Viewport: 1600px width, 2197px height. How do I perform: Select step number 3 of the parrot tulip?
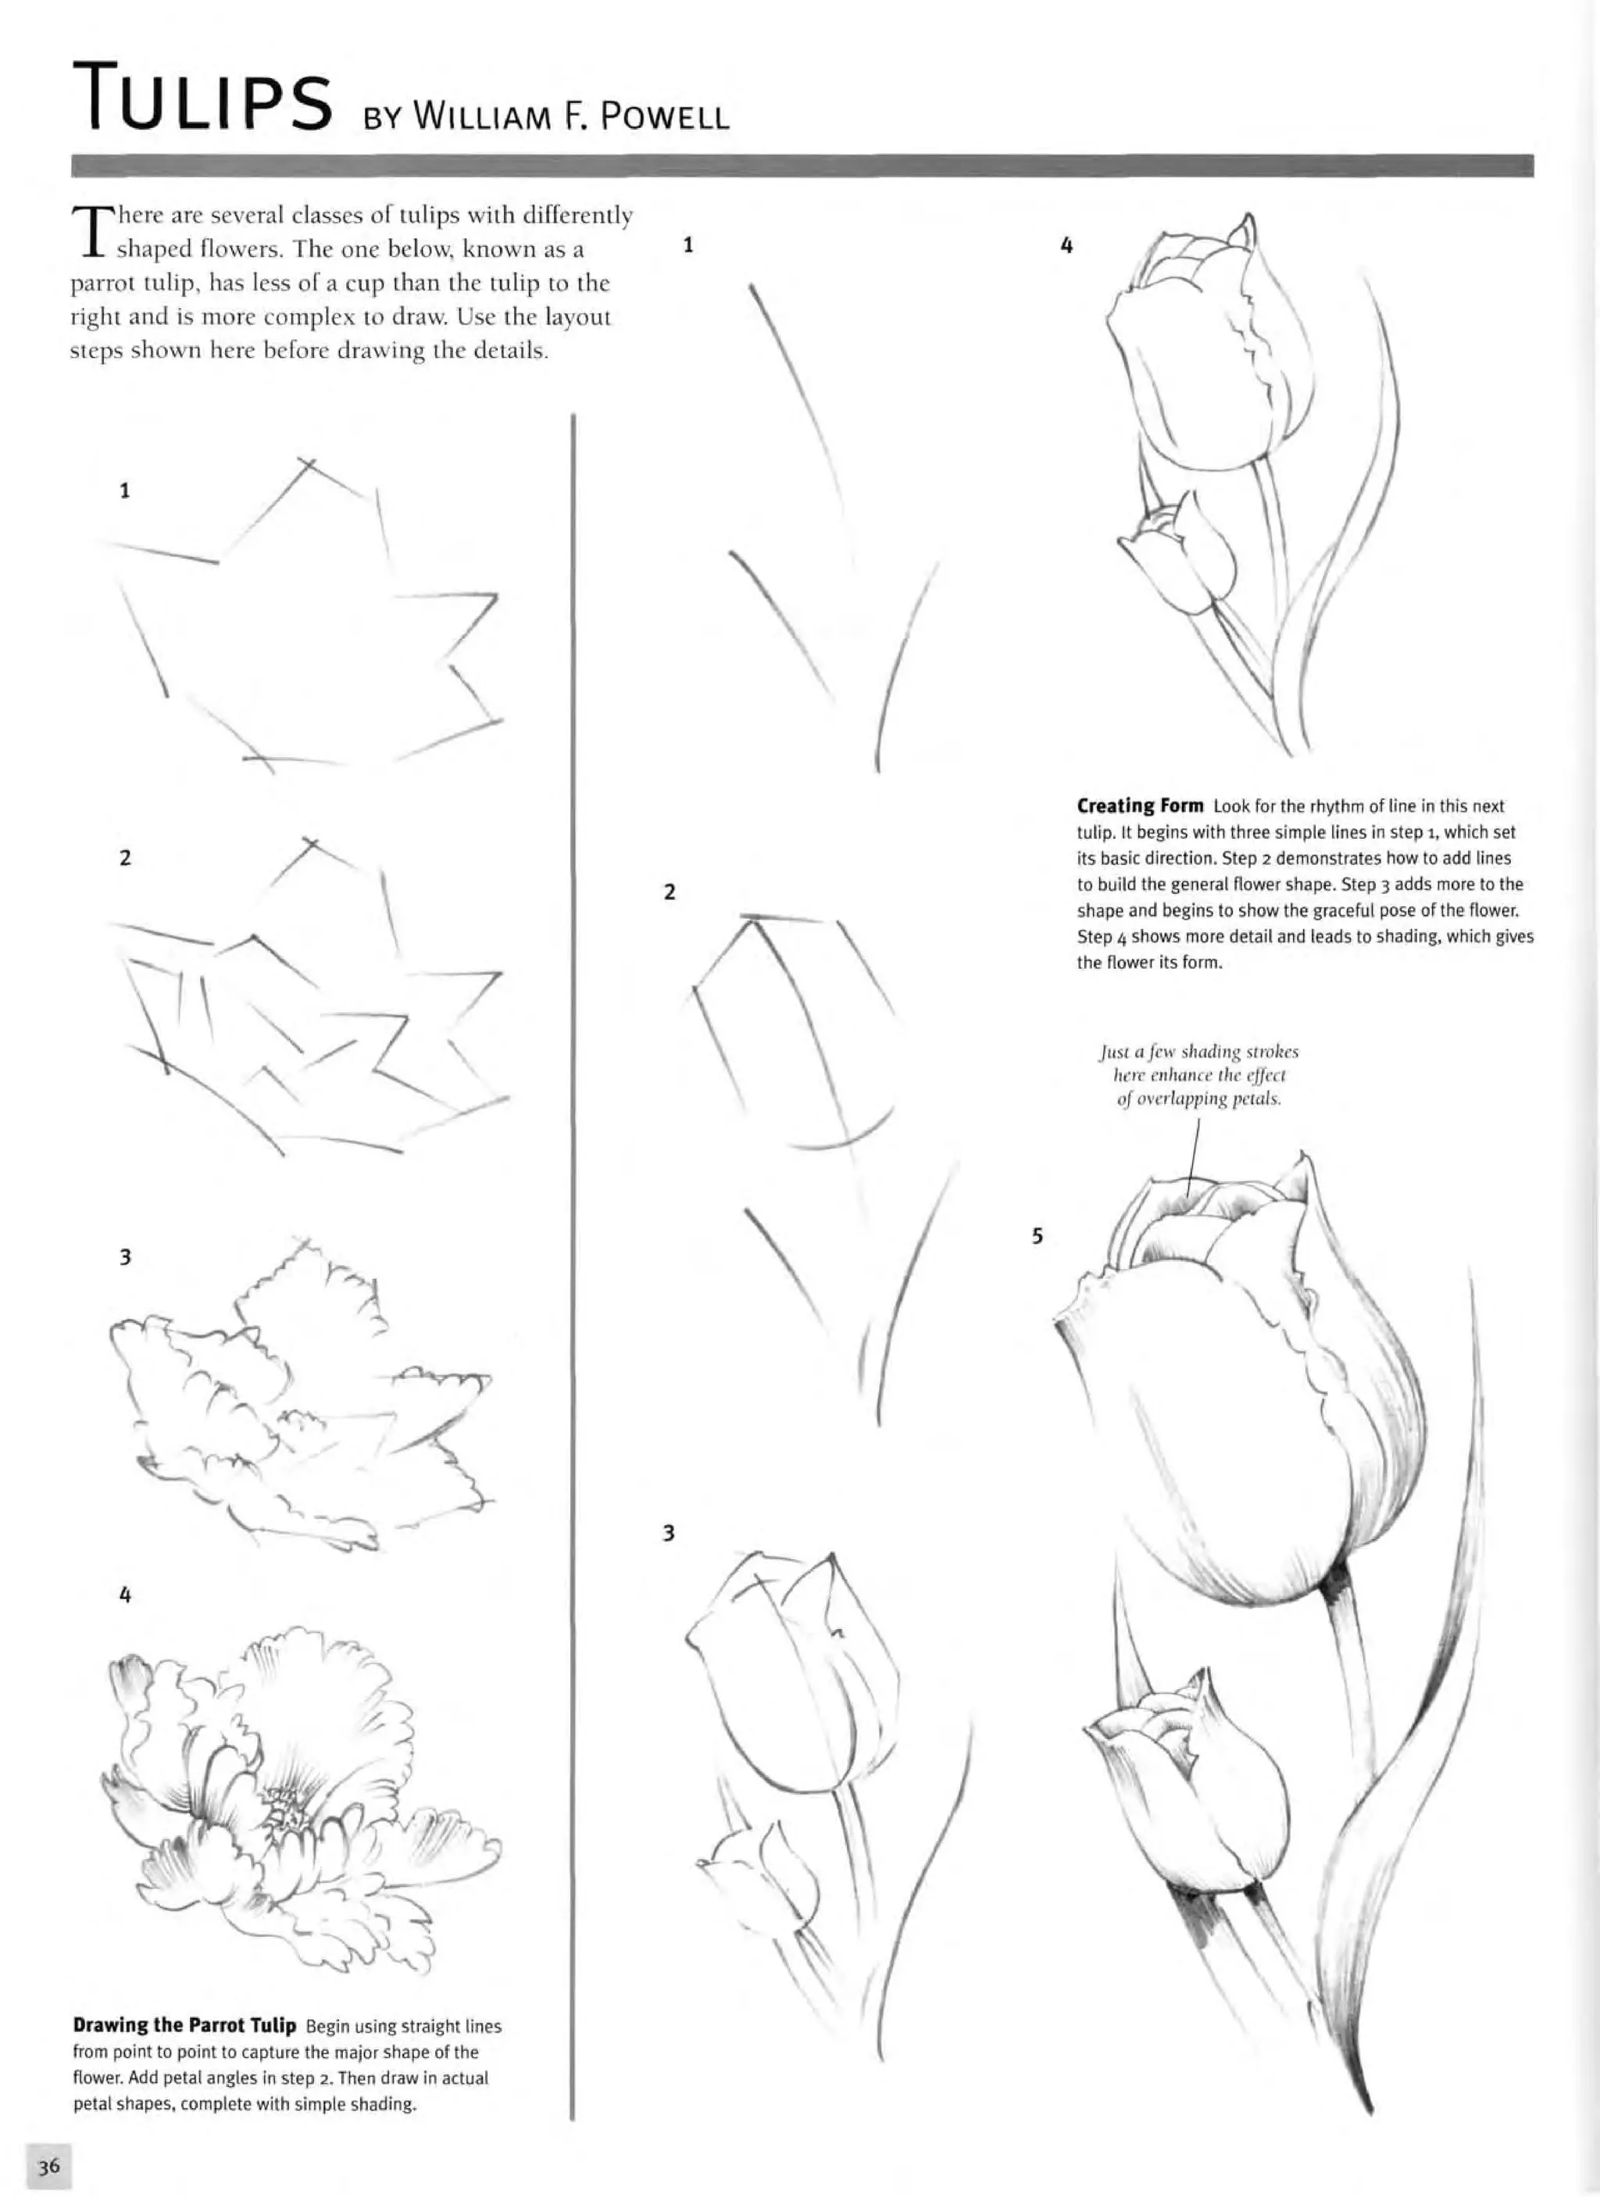coord(124,1257)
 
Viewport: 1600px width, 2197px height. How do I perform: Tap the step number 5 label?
coord(1037,1236)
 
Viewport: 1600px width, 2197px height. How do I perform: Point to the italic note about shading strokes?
coord(1199,1075)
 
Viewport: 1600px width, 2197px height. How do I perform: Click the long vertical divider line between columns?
coord(573,1259)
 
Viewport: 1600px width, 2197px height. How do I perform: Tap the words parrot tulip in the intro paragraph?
coord(121,284)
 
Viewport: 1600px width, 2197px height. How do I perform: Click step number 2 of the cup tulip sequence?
coord(668,892)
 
